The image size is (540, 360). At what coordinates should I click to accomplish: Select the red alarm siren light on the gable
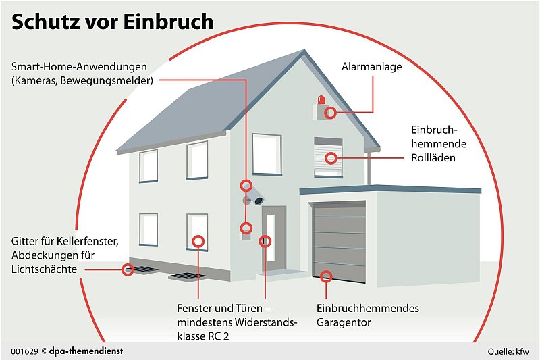point(321,100)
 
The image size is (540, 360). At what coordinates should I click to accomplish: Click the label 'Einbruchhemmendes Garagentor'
point(368,315)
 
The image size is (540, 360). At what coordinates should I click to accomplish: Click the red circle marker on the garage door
point(326,276)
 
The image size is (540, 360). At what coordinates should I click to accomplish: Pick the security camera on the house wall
point(255,200)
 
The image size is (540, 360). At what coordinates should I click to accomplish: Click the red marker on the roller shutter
point(331,159)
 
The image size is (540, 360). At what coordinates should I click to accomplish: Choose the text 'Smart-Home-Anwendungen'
point(79,68)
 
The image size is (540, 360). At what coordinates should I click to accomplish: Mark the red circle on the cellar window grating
point(127,270)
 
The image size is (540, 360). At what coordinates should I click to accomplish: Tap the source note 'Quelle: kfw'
point(509,352)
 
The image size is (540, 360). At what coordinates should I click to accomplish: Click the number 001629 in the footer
point(24,351)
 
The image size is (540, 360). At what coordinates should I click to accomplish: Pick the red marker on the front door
point(266,240)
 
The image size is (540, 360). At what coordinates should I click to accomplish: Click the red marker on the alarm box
point(330,113)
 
